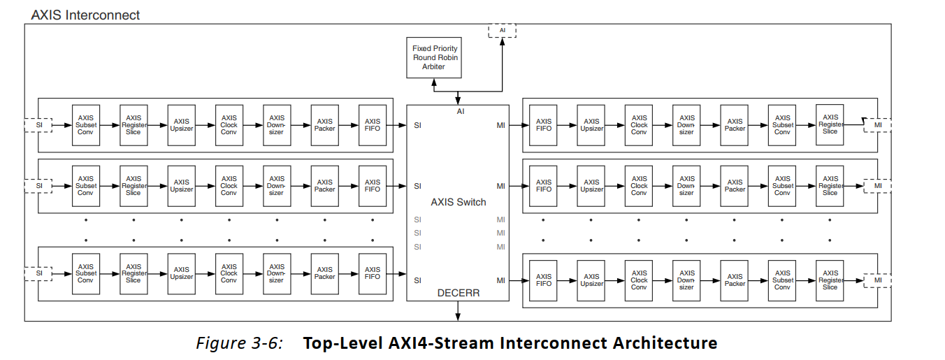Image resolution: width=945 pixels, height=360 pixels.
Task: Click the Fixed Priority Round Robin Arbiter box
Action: (x=435, y=57)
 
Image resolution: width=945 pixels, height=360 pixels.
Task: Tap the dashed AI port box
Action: (x=501, y=31)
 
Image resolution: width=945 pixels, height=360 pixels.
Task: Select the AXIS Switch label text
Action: (x=458, y=202)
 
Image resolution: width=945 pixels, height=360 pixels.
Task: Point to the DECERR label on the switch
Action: (x=458, y=293)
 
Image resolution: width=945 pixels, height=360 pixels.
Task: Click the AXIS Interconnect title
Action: (x=85, y=14)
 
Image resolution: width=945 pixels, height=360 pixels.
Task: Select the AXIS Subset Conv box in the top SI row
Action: (x=86, y=125)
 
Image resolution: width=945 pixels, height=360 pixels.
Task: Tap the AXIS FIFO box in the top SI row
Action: (x=373, y=125)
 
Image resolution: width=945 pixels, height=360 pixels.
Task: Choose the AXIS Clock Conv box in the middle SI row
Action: (x=229, y=186)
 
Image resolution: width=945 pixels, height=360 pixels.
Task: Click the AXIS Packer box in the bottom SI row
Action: (x=325, y=273)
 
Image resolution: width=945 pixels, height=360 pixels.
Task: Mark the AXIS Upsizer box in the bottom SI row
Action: (x=182, y=273)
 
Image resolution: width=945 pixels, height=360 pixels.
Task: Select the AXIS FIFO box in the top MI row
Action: (x=544, y=125)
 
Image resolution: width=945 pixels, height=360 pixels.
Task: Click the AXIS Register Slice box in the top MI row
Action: (x=830, y=125)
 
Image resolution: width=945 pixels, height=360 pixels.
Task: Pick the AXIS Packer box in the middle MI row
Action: (x=735, y=186)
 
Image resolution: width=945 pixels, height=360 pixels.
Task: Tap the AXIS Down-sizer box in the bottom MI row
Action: (x=687, y=280)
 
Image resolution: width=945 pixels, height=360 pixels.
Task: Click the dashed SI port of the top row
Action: (x=39, y=125)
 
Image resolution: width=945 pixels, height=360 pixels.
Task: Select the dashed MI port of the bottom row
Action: (x=877, y=280)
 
